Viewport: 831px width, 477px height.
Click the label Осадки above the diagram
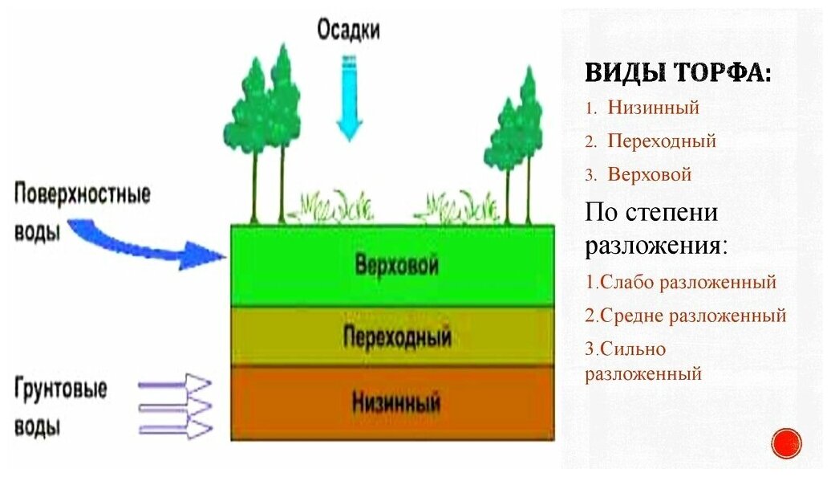(x=348, y=31)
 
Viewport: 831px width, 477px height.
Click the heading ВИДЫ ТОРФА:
(x=679, y=72)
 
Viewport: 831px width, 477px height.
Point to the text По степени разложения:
(x=656, y=229)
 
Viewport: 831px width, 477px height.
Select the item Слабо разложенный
(x=681, y=282)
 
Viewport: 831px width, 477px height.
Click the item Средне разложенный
(x=685, y=316)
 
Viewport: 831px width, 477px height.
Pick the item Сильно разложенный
(x=643, y=361)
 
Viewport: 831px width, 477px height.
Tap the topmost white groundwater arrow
(x=176, y=384)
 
